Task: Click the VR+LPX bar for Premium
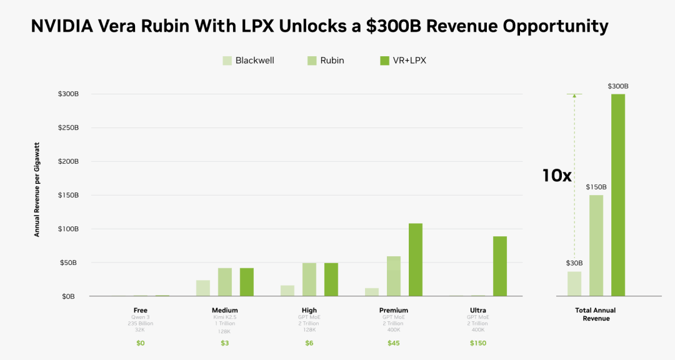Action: pyautogui.click(x=416, y=259)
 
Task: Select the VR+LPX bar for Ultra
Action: pyautogui.click(x=500, y=266)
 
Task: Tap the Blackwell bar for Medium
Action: pyautogui.click(x=202, y=288)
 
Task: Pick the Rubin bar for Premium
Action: pyautogui.click(x=394, y=276)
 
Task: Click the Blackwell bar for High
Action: pyautogui.click(x=287, y=291)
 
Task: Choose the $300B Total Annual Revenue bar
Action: pyautogui.click(x=617, y=195)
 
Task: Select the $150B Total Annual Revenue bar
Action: pyautogui.click(x=596, y=246)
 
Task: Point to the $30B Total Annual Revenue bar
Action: pyautogui.click(x=574, y=284)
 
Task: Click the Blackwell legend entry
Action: pyautogui.click(x=248, y=61)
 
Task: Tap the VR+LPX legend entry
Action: pyautogui.click(x=403, y=61)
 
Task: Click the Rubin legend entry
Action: pyautogui.click(x=326, y=61)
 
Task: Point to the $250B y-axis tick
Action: pyautogui.click(x=69, y=128)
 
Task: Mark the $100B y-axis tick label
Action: pyautogui.click(x=69, y=229)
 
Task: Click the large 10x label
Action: pyautogui.click(x=557, y=176)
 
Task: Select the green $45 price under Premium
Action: pyautogui.click(x=394, y=343)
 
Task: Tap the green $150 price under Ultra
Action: pyautogui.click(x=478, y=343)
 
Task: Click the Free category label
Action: pyautogui.click(x=141, y=310)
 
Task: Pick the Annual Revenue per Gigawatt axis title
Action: pyautogui.click(x=37, y=189)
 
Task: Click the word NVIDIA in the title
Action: pyautogui.click(x=62, y=26)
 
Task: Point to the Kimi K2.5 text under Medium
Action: pyautogui.click(x=225, y=317)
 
